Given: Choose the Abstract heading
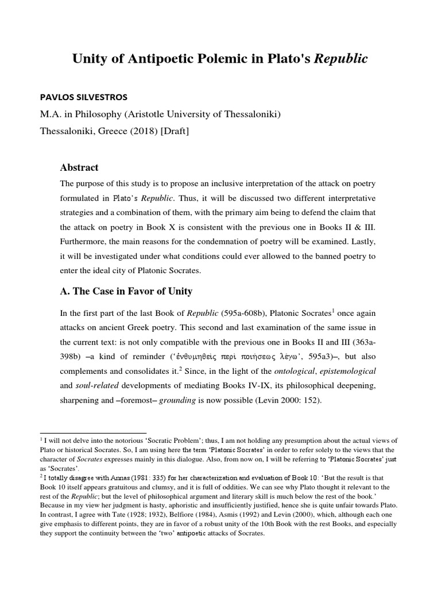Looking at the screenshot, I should [79, 167].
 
